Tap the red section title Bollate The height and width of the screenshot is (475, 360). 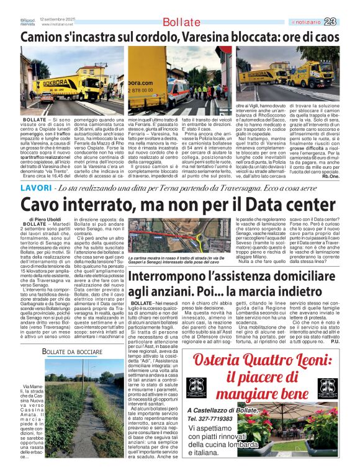click(181, 23)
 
